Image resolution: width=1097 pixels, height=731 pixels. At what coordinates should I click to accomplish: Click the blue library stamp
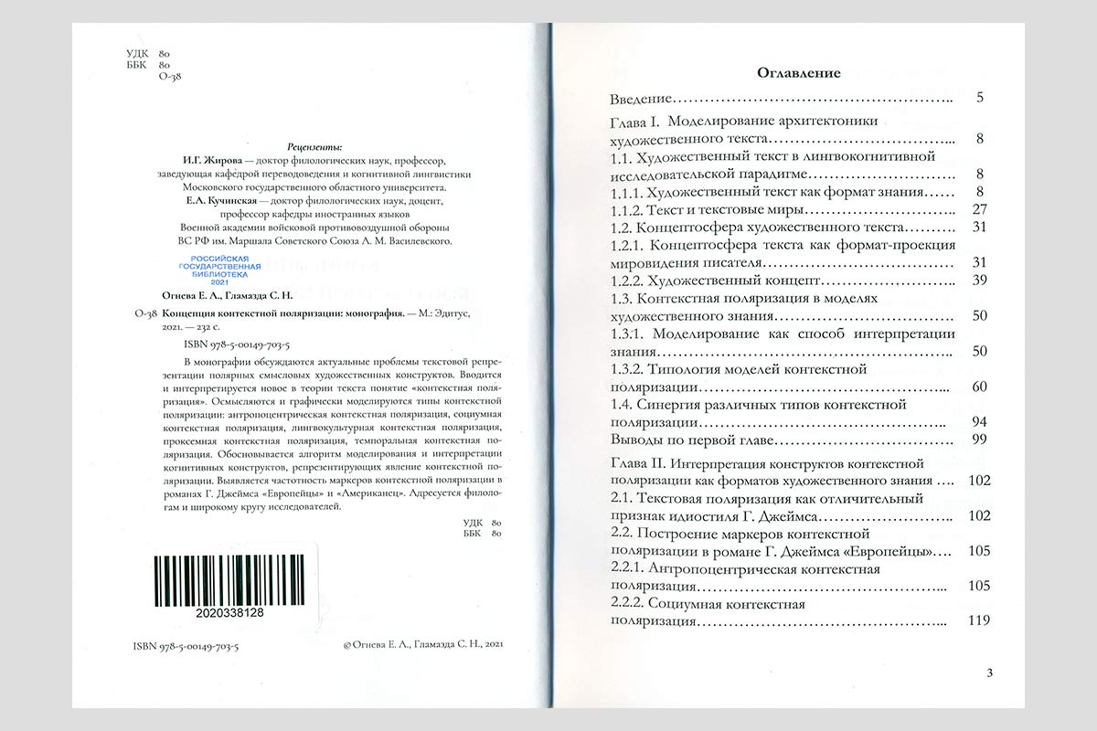point(218,271)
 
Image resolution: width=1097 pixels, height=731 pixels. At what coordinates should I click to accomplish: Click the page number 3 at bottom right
point(990,673)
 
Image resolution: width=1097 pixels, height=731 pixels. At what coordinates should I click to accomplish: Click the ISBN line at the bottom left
point(186,645)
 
